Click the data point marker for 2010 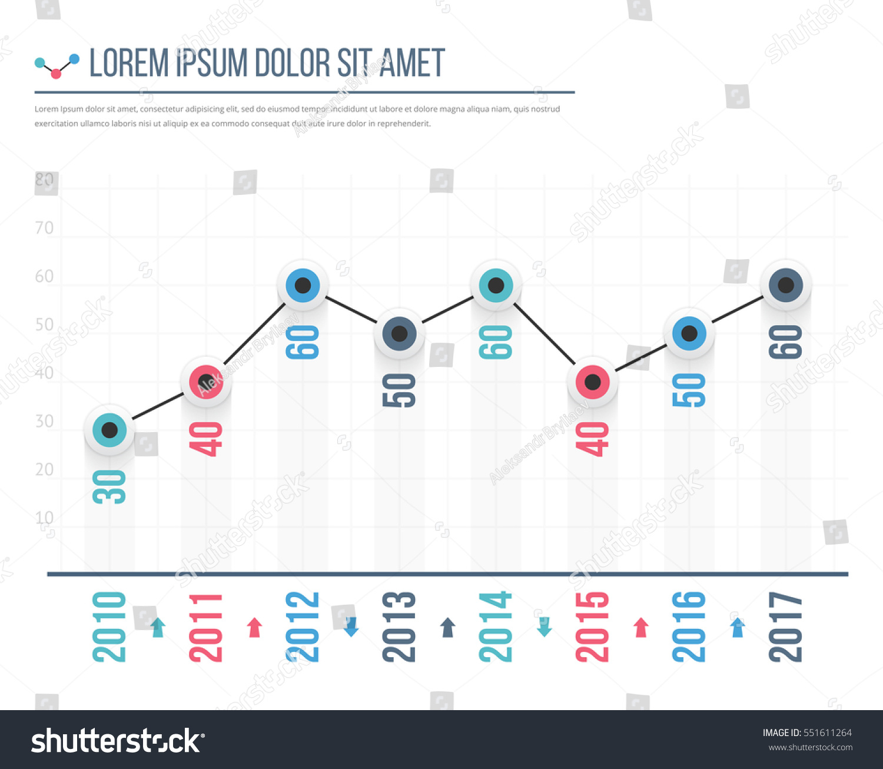[109, 430]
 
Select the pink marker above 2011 [206, 382]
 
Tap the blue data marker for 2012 [303, 286]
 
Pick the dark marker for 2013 [399, 334]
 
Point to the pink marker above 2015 [592, 382]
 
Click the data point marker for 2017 [786, 286]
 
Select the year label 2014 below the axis [496, 627]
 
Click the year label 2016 [689, 627]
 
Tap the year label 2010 [109, 627]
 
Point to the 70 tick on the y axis [44, 228]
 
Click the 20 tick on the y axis [44, 469]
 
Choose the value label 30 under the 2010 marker [109, 487]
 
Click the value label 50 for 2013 [399, 390]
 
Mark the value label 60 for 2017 [786, 342]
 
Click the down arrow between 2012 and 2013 [351, 628]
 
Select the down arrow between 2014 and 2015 [545, 628]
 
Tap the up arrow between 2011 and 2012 [254, 628]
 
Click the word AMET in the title [412, 64]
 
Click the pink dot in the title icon [56, 74]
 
